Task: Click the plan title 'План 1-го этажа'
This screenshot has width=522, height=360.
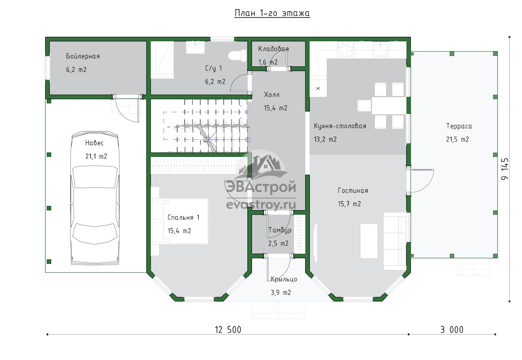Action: (x=272, y=13)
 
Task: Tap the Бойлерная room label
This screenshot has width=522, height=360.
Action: (x=83, y=56)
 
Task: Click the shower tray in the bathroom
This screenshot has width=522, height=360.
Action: (x=162, y=60)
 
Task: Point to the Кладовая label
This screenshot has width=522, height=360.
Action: (x=274, y=49)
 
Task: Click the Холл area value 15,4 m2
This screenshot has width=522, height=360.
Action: (x=276, y=108)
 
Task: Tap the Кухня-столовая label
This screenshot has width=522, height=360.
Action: (x=340, y=126)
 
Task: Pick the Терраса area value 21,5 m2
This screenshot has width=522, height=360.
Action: (x=458, y=139)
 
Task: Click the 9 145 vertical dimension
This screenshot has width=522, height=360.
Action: (x=505, y=169)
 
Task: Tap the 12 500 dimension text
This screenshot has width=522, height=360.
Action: (x=228, y=330)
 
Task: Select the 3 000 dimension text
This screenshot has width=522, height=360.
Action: (x=452, y=330)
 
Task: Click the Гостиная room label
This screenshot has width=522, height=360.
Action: (x=353, y=191)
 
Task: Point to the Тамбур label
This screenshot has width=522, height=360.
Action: (x=280, y=230)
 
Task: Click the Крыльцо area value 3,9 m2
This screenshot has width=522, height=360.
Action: (x=281, y=293)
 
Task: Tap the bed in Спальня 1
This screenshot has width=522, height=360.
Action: (x=180, y=221)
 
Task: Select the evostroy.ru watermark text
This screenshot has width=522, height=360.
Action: (x=261, y=205)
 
